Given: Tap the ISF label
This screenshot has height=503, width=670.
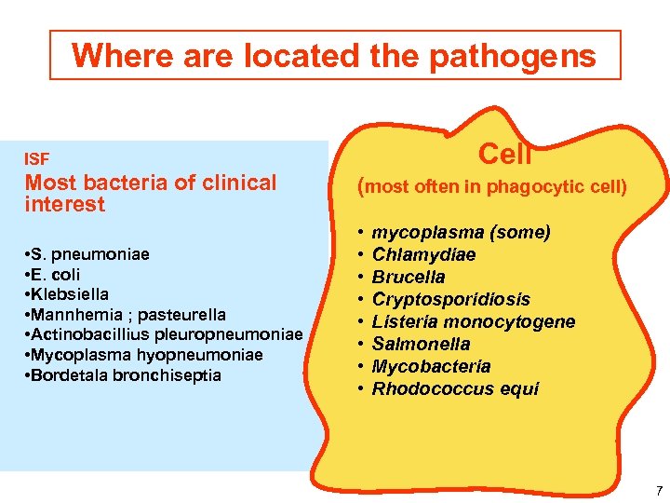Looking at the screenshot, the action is point(36,159).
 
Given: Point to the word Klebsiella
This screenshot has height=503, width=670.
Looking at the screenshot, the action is point(70,294).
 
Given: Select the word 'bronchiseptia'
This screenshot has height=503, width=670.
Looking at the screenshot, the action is point(167,375).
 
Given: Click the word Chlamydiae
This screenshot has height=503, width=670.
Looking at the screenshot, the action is point(423,254).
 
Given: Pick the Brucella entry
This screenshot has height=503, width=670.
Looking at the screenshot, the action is point(409,277).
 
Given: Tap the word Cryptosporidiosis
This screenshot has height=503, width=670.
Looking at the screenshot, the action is point(450,299).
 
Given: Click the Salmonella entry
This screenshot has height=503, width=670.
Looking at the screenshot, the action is point(421,344).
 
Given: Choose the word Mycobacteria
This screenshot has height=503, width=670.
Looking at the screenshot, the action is point(431,366).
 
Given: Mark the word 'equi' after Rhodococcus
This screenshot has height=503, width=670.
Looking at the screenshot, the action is point(520,388).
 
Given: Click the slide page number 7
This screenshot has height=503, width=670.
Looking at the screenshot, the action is point(659,491).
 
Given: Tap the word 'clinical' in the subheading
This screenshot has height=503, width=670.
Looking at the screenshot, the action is point(232,183).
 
